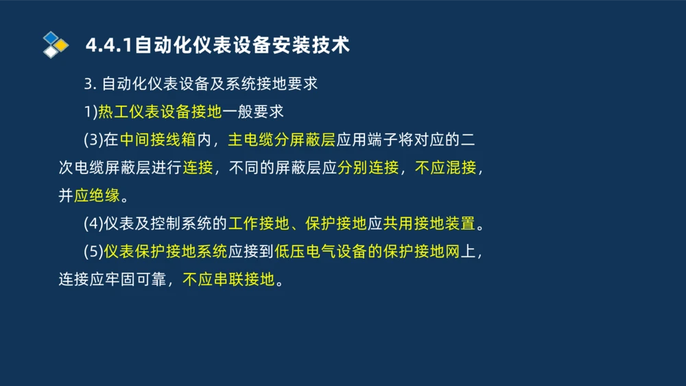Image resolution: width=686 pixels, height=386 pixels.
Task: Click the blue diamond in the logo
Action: (x=50, y=37)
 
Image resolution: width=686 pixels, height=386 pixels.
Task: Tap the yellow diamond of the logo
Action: (x=62, y=45)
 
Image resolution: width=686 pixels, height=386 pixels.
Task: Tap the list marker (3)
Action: (x=93, y=140)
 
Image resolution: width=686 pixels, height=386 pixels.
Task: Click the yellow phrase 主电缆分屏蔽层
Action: (x=281, y=140)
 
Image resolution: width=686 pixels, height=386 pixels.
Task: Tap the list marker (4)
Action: (x=93, y=224)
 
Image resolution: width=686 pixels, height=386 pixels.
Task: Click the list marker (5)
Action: (x=93, y=252)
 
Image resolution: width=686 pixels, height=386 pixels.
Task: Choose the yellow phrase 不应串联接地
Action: (x=228, y=280)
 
